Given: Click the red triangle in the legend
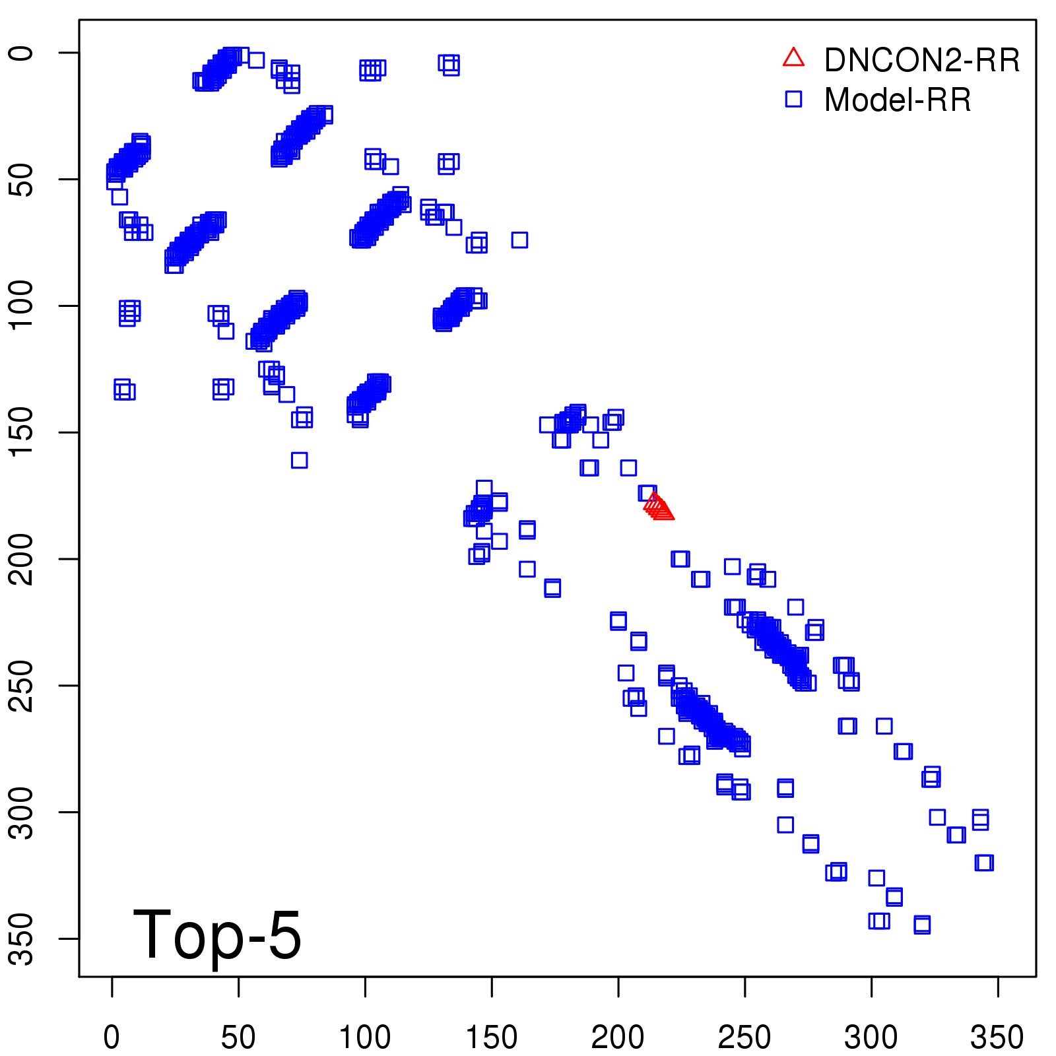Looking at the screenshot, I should tap(793, 58).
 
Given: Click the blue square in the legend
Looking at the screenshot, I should tap(793, 99).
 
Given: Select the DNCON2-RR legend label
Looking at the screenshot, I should tap(922, 60).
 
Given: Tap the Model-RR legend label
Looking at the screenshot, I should tap(898, 100).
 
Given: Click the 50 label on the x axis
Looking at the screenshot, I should tap(238, 1037).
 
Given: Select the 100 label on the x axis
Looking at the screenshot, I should tap(365, 1037).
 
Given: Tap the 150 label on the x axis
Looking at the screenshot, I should tap(492, 1037).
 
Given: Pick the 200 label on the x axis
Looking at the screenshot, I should tap(618, 1037).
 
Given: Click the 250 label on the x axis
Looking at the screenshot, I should tap(744, 1037).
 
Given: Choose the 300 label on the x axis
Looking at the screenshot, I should tap(871, 1037).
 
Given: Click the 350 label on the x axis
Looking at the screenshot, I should tap(997, 1037).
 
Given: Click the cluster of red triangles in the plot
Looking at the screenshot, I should tap(659, 507).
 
